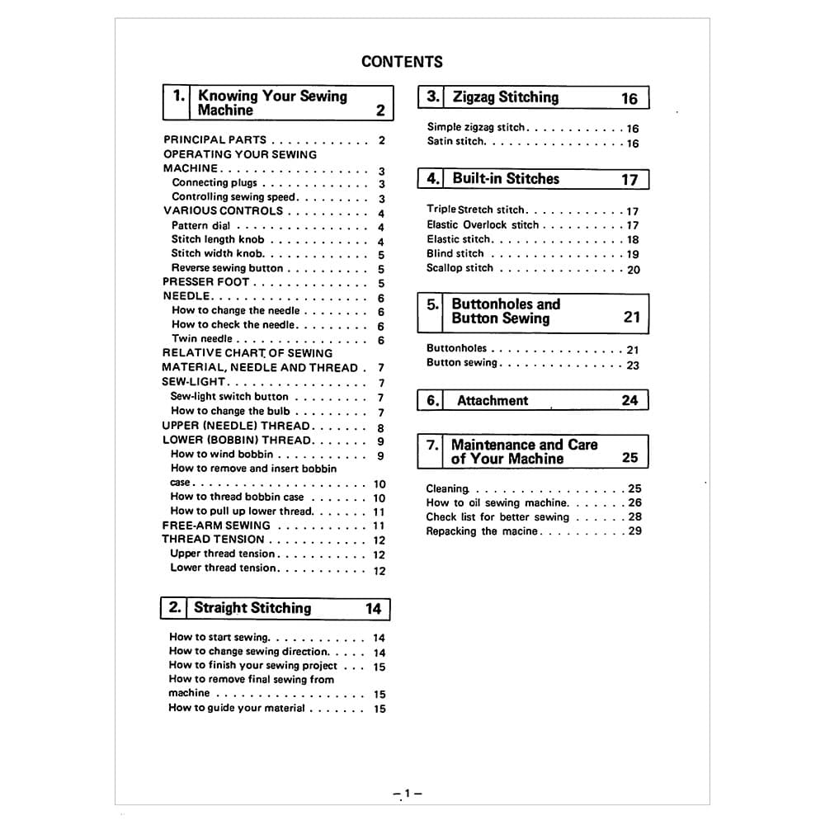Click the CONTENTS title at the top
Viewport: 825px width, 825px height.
(x=402, y=62)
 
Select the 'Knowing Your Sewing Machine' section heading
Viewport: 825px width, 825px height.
(x=272, y=103)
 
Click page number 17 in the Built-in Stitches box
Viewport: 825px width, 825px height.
(x=629, y=180)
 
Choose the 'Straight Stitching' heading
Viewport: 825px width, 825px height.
(x=252, y=608)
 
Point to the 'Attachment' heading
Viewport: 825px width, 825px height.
(x=493, y=401)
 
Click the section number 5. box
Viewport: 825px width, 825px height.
(x=433, y=304)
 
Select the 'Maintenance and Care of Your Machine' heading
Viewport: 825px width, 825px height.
(x=524, y=451)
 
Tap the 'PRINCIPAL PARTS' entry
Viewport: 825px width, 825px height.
(x=214, y=140)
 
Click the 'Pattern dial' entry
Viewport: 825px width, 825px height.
(x=200, y=225)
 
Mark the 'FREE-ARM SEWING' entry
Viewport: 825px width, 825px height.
(x=216, y=526)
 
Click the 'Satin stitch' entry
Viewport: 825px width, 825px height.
(x=455, y=142)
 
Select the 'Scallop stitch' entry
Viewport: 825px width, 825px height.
(x=460, y=268)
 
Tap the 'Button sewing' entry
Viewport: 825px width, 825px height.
(x=462, y=363)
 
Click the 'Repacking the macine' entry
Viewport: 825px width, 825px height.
(x=482, y=531)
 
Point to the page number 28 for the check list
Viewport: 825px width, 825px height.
(x=634, y=517)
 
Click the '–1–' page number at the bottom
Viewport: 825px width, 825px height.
(x=408, y=794)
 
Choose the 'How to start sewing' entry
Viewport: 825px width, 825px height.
(x=219, y=637)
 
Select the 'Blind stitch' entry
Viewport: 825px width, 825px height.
(x=455, y=254)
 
